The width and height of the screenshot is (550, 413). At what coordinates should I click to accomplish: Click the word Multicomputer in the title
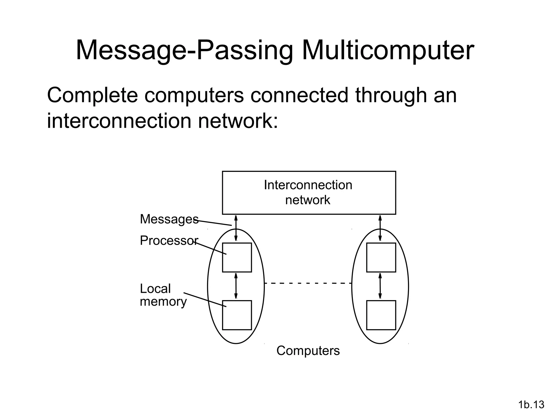pyautogui.click(x=388, y=51)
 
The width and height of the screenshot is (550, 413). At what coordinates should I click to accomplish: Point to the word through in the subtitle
pyautogui.click(x=391, y=95)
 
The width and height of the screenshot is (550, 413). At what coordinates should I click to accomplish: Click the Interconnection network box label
pyautogui.click(x=308, y=192)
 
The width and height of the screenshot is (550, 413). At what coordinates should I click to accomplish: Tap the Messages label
pyautogui.click(x=169, y=219)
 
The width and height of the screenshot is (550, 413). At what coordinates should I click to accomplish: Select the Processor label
pyautogui.click(x=169, y=240)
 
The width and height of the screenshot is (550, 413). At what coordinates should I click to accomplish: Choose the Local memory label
pyautogui.click(x=162, y=295)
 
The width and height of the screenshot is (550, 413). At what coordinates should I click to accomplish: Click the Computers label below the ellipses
pyautogui.click(x=308, y=351)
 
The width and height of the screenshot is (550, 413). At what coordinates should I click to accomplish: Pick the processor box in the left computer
pyautogui.click(x=237, y=257)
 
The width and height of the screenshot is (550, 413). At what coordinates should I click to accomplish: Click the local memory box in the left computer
pyautogui.click(x=237, y=315)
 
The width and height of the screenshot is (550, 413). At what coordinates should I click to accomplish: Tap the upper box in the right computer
pyautogui.click(x=381, y=257)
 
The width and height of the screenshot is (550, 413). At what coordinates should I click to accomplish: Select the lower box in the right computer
pyautogui.click(x=381, y=315)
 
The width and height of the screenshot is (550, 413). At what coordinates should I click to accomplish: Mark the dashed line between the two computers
pyautogui.click(x=308, y=283)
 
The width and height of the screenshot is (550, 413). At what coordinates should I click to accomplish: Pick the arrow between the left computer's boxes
pyautogui.click(x=236, y=286)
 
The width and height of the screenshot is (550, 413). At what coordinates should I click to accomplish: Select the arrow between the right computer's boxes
pyautogui.click(x=380, y=286)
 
